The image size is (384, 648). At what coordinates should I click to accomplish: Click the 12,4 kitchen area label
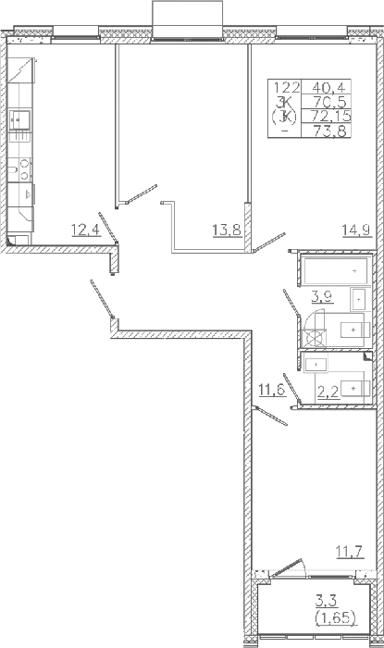[x=86, y=229]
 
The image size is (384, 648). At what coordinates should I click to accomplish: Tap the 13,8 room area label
[x=227, y=229]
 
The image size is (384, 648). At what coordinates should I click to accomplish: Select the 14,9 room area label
[x=357, y=229]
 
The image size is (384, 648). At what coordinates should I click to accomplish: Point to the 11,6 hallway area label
[x=272, y=390]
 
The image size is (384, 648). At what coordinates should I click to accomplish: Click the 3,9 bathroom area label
[x=323, y=296]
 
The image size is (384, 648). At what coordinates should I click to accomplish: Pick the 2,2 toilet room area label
[x=328, y=392]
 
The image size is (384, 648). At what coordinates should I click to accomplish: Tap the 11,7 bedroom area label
[x=350, y=552]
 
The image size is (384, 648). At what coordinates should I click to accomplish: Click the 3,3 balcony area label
[x=327, y=601]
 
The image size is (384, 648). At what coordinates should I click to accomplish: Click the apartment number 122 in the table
[x=285, y=87]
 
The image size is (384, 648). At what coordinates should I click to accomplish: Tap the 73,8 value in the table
[x=329, y=131]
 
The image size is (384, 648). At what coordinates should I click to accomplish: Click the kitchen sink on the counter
[x=19, y=119]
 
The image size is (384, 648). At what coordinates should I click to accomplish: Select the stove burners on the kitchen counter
[x=24, y=169]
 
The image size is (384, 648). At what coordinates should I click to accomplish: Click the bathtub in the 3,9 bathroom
[x=334, y=270]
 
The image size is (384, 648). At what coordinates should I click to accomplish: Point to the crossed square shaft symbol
[x=314, y=338]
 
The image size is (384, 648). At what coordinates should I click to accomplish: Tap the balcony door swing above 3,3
[x=288, y=568]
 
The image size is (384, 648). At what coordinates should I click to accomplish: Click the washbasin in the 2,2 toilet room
[x=316, y=364]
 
